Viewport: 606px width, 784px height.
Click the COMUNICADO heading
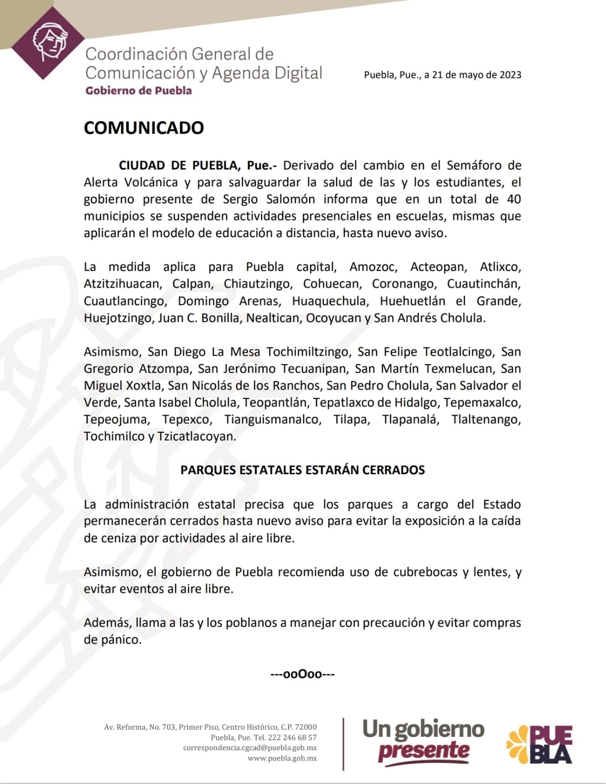[144, 128]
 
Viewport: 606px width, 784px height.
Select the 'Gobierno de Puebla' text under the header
[139, 91]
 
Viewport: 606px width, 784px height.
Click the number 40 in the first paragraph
[513, 199]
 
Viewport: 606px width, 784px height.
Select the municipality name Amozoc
[373, 267]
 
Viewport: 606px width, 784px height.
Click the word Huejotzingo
[118, 318]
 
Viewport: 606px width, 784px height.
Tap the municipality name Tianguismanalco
[271, 420]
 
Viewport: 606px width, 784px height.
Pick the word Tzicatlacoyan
[196, 437]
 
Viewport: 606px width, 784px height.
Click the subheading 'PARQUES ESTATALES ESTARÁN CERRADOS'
[302, 470]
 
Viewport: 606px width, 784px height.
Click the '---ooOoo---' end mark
[302, 674]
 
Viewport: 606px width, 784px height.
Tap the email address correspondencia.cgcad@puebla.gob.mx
[250, 748]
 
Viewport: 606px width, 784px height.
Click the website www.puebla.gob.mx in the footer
[282, 758]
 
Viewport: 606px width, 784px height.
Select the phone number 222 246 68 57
[292, 737]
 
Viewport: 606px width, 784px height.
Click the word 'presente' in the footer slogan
[423, 751]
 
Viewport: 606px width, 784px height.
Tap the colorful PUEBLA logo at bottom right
[539, 743]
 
